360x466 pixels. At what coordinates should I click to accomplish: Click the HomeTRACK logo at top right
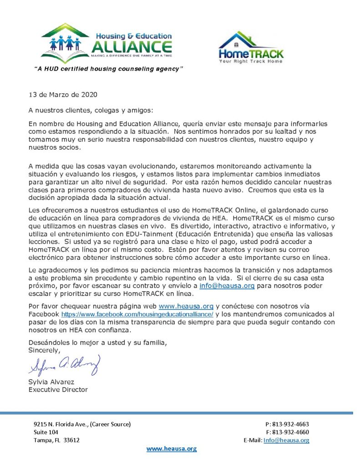point(251,47)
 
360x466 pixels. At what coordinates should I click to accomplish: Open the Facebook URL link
point(137,314)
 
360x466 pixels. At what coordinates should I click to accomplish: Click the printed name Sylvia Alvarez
point(51,382)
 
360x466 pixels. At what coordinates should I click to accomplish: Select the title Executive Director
point(58,390)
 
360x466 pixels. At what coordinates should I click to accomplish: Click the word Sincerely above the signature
point(44,350)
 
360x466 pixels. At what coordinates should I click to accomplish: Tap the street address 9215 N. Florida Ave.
point(82,424)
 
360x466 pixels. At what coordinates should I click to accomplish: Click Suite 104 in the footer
point(46,432)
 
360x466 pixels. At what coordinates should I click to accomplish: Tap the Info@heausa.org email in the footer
point(286,440)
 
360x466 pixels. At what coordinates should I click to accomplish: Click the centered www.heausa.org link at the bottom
point(171,449)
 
